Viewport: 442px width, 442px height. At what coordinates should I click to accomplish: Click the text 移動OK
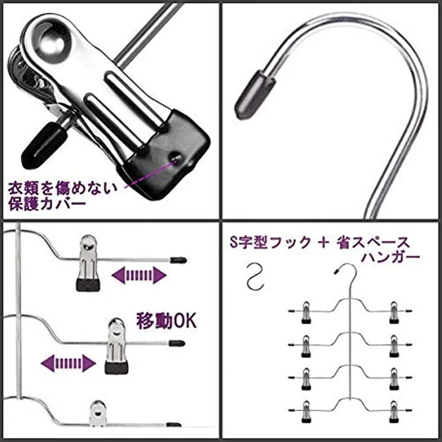click(x=166, y=320)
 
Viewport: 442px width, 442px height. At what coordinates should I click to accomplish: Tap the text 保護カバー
click(x=47, y=204)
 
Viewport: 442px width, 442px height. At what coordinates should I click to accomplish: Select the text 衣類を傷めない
click(x=63, y=188)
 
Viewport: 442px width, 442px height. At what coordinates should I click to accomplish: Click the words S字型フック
click(x=270, y=242)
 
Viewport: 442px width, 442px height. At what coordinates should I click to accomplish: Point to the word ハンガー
click(x=390, y=257)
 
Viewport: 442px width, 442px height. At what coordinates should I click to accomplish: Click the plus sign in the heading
click(x=324, y=242)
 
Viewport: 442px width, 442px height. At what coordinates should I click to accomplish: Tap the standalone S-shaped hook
click(x=255, y=276)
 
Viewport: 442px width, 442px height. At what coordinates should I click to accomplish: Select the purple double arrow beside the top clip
click(x=139, y=275)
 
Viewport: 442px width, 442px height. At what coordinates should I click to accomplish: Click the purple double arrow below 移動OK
click(x=69, y=363)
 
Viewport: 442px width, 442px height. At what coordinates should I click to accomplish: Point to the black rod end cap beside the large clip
click(x=45, y=144)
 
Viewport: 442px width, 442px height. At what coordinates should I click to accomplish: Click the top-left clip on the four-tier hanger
click(x=306, y=312)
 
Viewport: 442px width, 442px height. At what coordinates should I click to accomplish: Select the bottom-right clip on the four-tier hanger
click(x=394, y=411)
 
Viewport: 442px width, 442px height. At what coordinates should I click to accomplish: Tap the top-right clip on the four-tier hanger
click(x=394, y=312)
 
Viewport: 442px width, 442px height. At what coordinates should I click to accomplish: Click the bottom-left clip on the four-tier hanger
click(x=306, y=411)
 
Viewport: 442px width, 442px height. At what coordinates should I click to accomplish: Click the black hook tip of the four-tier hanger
click(x=336, y=272)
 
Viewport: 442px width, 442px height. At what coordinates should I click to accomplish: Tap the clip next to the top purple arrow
click(x=88, y=263)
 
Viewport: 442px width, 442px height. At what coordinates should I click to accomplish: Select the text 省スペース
click(x=373, y=242)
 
